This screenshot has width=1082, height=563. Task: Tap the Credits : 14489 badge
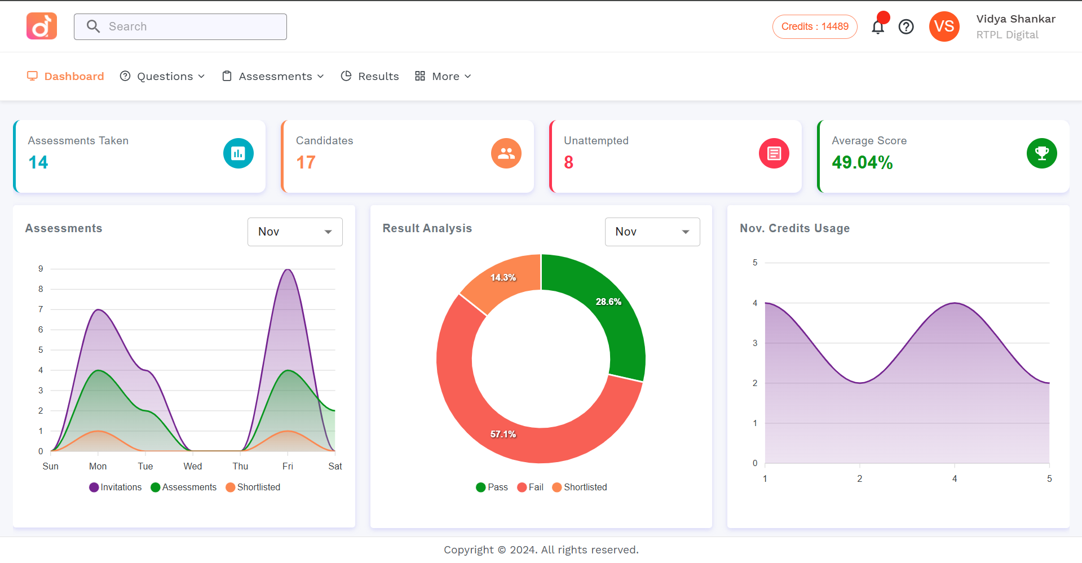814,26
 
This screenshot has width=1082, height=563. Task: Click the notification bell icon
877,27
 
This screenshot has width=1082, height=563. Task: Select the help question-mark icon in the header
906,26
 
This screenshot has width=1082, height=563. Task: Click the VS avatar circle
944,26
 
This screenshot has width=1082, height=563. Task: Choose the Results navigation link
370,76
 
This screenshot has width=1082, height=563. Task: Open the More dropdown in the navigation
444,76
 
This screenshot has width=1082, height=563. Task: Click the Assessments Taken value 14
38,162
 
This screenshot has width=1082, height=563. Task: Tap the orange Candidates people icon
506,153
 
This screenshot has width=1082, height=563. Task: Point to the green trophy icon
1041,153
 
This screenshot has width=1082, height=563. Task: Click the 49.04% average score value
862,162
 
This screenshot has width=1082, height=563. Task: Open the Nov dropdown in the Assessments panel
295,232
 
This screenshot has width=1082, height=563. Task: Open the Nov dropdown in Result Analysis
652,232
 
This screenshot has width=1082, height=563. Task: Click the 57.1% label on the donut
503,434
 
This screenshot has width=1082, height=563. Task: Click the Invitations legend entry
116,487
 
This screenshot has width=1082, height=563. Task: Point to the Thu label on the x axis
240,466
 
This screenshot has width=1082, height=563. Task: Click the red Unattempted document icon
774,153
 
